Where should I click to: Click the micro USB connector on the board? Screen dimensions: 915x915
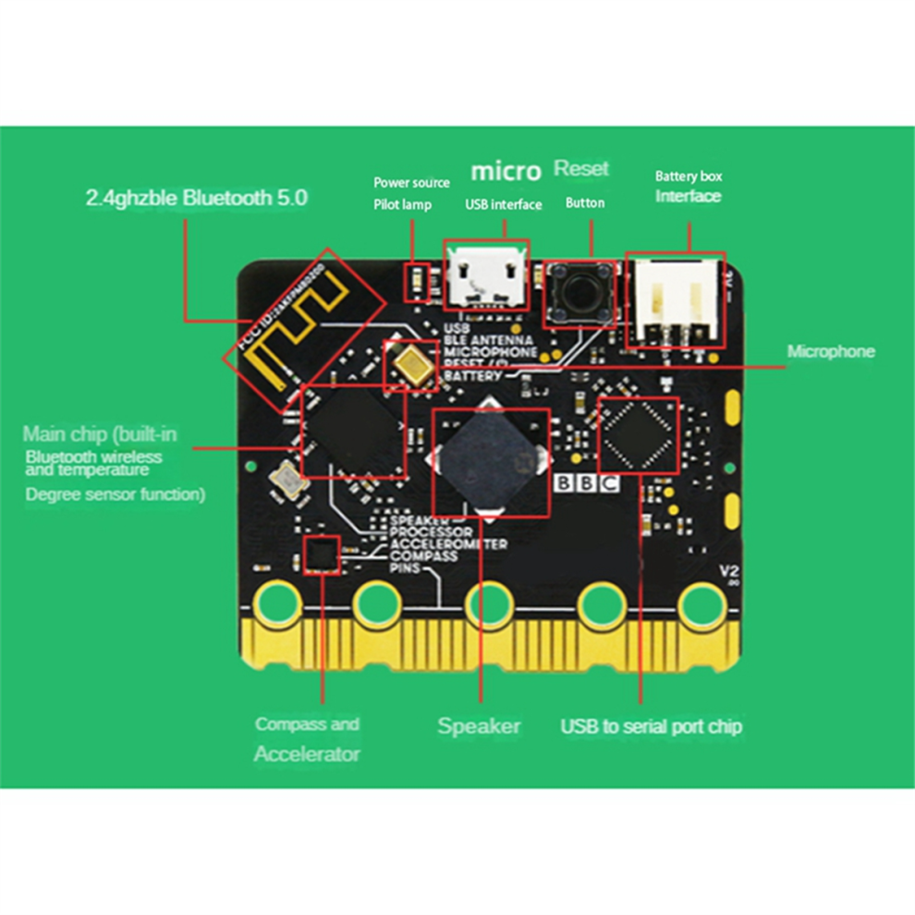[x=485, y=274]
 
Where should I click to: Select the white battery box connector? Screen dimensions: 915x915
[x=676, y=299]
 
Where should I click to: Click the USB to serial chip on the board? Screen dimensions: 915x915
[x=639, y=434]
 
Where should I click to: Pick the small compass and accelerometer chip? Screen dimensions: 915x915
[x=321, y=555]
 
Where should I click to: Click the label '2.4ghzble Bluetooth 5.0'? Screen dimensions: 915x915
[x=196, y=197]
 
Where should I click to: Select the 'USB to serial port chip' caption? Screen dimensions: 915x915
[x=651, y=726]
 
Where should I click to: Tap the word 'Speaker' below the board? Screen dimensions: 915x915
[x=479, y=726]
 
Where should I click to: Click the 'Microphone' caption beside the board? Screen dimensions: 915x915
[x=830, y=352]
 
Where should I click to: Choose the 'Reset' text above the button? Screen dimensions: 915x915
[x=581, y=169]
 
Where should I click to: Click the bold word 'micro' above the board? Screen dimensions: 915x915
[x=506, y=172]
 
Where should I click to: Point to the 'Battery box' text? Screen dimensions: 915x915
[x=689, y=176]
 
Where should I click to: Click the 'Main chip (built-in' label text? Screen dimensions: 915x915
[x=100, y=434]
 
